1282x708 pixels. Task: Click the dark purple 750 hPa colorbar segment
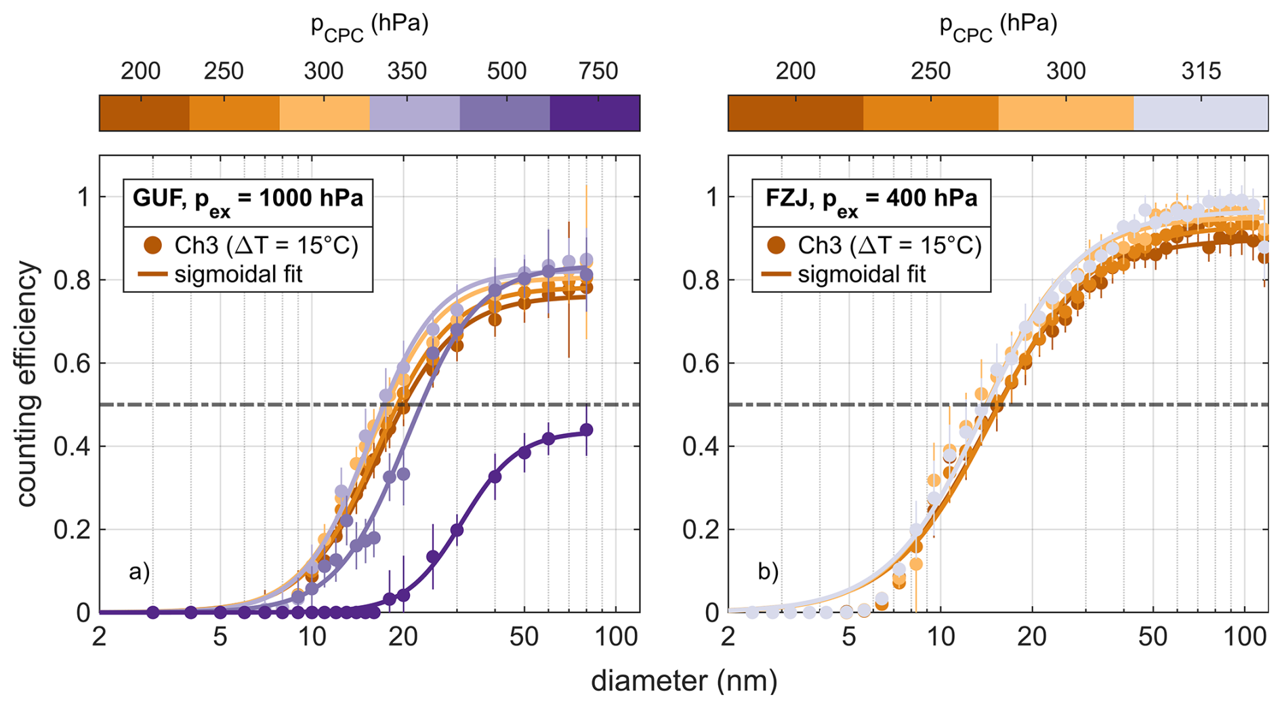(594, 113)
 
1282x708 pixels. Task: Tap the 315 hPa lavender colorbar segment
(1200, 113)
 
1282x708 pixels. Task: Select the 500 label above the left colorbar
(506, 71)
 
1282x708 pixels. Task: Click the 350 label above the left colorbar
(407, 71)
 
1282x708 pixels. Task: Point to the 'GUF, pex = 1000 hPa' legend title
(247, 199)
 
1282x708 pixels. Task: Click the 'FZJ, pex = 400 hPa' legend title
(871, 199)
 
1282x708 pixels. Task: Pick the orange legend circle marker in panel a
(153, 245)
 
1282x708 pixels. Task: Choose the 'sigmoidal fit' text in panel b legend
(861, 275)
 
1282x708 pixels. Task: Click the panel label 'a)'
(139, 572)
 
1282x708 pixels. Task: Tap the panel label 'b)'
(768, 572)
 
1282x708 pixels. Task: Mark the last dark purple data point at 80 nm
(587, 430)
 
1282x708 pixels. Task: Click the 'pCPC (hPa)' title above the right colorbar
(997, 26)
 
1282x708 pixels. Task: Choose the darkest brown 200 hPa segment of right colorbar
(795, 113)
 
